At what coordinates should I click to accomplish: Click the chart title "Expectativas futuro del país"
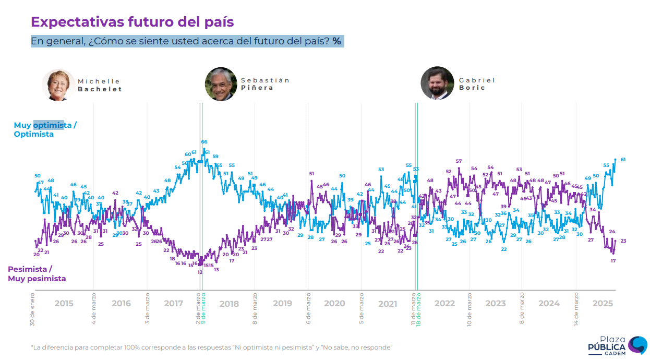132,22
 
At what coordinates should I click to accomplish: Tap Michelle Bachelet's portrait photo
58,85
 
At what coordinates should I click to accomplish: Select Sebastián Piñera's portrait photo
221,84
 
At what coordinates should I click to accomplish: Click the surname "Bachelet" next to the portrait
100,89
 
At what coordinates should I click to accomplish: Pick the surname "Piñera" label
257,88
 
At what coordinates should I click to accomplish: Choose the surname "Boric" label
472,88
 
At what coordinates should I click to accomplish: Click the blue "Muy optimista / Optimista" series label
45,129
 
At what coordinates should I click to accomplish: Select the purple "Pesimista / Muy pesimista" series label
37,274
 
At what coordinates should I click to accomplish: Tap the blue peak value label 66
204,142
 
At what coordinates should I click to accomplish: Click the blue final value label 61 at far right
623,160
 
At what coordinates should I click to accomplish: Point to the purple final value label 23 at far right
623,241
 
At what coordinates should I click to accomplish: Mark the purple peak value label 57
459,161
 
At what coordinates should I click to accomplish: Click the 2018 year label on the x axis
229,304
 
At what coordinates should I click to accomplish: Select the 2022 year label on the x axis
444,304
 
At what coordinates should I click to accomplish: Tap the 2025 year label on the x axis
603,304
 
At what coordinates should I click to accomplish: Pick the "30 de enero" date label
32,311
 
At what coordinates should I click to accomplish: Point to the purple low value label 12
200,272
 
